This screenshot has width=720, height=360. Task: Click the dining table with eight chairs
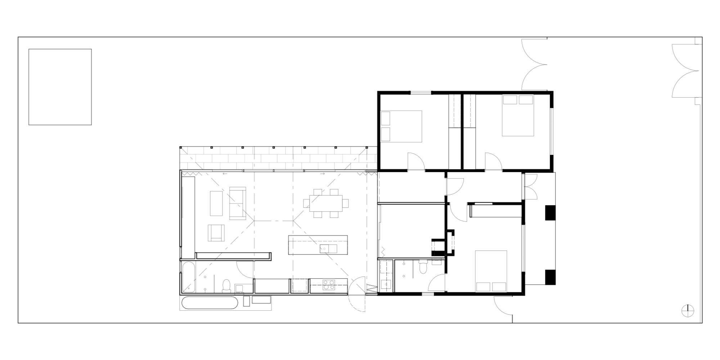(x=326, y=203)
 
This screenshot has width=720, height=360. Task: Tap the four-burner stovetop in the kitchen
(x=328, y=285)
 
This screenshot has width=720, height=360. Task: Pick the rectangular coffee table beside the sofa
(x=216, y=203)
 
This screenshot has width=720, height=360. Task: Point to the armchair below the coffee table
(x=216, y=233)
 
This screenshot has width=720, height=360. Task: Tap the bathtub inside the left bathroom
(x=188, y=276)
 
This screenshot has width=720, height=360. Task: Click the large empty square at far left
(x=60, y=87)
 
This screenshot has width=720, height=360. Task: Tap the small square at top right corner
(x=698, y=41)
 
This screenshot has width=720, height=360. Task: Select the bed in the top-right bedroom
(x=518, y=116)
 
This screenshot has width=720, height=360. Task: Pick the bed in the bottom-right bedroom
(x=491, y=271)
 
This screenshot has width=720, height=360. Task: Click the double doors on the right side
(x=531, y=186)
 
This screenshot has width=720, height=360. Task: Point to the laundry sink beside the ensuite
(x=386, y=284)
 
